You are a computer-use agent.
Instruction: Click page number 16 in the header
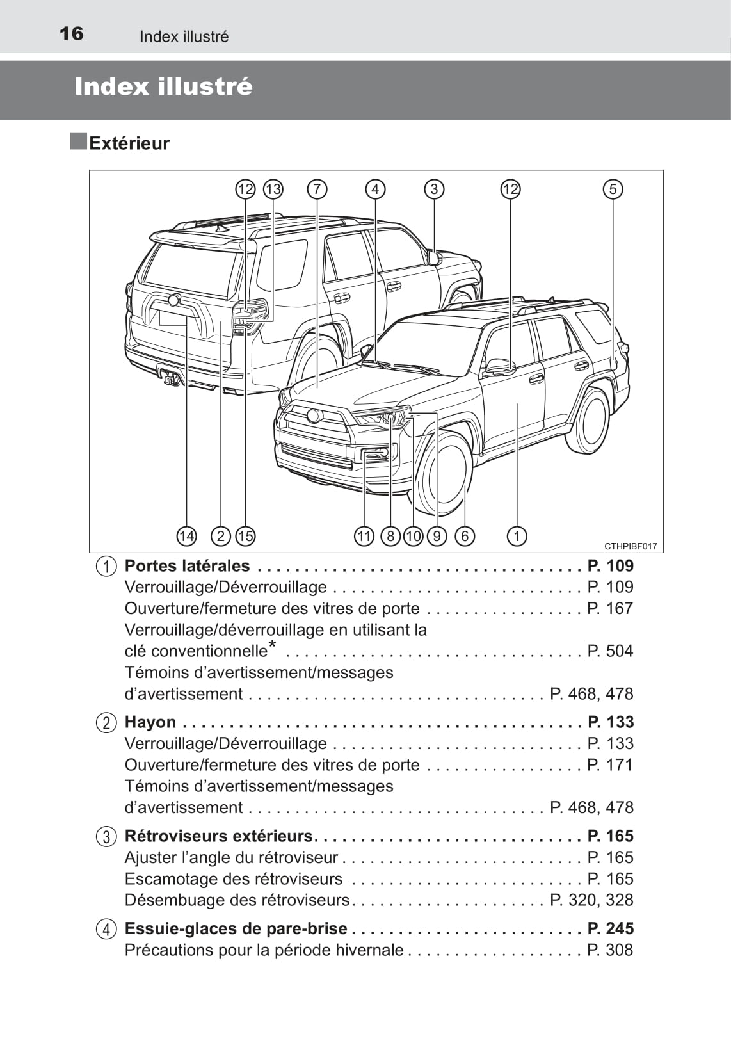coord(71,33)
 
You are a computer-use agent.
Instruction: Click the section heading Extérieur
coord(129,143)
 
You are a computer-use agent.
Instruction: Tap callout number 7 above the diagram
coord(316,189)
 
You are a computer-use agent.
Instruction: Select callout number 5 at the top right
coord(613,189)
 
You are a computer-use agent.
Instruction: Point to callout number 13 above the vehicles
coord(273,189)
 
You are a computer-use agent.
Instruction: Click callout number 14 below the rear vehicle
coord(186,536)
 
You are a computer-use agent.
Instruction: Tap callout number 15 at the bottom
coord(245,536)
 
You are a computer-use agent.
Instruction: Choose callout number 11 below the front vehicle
coord(364,536)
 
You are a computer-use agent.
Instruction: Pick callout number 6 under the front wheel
coord(465,536)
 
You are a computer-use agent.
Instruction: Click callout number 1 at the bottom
coord(517,536)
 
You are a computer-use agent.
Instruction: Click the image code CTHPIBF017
coord(631,546)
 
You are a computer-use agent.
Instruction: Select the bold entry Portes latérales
coord(187,566)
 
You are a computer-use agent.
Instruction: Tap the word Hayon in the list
coord(150,722)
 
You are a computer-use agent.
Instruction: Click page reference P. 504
coord(610,651)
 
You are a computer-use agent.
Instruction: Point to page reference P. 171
coord(610,765)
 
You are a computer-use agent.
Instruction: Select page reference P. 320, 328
coord(591,900)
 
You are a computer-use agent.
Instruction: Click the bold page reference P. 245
coord(610,928)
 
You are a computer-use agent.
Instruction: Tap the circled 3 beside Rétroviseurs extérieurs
coord(106,837)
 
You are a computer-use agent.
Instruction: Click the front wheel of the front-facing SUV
coord(444,474)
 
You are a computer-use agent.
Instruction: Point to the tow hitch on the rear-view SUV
coord(171,378)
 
